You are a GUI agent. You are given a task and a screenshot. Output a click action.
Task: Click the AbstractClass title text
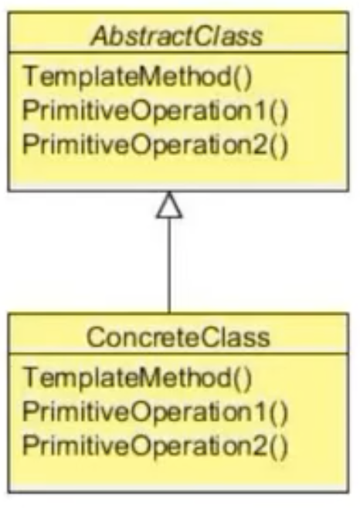click(177, 36)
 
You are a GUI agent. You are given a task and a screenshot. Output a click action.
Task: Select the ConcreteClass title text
click(178, 337)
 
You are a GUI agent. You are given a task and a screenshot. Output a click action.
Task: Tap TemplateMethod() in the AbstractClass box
click(138, 77)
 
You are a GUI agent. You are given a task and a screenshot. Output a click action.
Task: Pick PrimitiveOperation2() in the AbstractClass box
click(155, 145)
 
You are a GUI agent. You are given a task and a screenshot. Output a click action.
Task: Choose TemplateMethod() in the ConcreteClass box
click(138, 378)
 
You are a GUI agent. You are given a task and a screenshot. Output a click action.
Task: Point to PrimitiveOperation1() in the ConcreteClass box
click(155, 412)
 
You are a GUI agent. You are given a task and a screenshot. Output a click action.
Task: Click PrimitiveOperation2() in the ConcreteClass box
click(155, 445)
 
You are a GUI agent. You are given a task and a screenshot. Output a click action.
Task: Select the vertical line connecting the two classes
click(169, 266)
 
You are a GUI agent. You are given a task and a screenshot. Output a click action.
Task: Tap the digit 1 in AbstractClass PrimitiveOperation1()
click(261, 111)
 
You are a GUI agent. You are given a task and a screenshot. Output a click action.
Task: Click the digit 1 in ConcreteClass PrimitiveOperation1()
click(261, 411)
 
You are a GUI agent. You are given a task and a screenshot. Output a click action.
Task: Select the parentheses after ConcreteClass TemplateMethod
click(243, 378)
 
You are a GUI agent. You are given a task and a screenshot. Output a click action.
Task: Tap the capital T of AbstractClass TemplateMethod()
click(31, 76)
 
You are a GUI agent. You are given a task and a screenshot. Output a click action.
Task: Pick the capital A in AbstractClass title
click(100, 36)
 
